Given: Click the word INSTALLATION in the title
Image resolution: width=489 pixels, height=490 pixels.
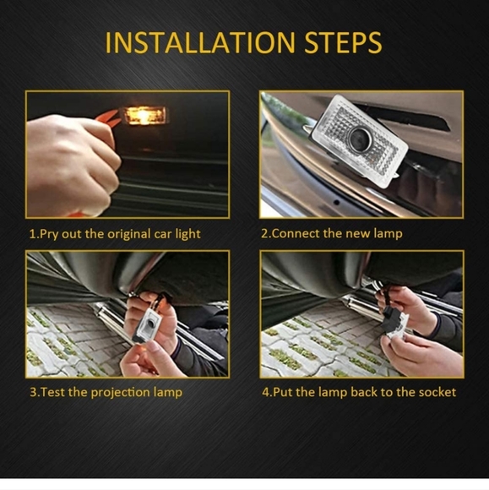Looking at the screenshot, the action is tap(200, 42).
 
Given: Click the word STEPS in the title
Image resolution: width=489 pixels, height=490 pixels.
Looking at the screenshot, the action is tap(343, 42).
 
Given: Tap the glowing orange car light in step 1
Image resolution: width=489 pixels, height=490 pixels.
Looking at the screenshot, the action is tap(144, 115).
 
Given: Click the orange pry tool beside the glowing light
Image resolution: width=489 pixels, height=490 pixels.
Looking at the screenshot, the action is tap(108, 119).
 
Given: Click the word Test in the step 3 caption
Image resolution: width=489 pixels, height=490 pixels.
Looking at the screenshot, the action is tap(53, 392).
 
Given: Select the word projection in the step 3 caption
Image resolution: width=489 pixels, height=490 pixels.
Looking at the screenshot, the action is tap(120, 393).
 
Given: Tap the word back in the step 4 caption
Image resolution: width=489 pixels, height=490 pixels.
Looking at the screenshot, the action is tap(364, 392).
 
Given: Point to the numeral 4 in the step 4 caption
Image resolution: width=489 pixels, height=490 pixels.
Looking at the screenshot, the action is tap(265, 392).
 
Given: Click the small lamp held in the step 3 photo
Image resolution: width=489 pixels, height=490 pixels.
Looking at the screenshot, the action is tap(147, 325).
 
